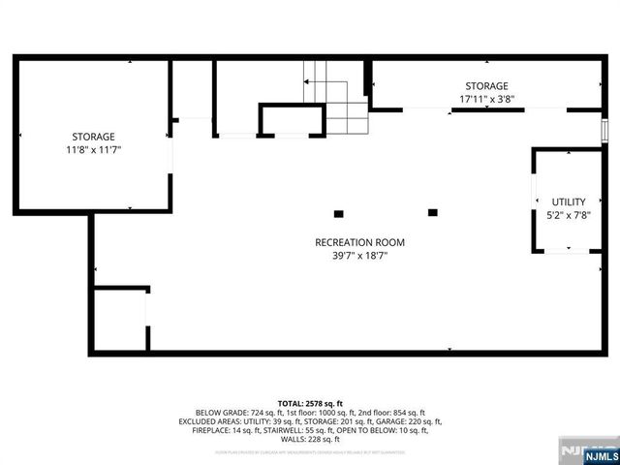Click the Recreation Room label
[x=359, y=242]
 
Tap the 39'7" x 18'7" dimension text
[x=359, y=256]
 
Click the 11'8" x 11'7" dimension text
[x=94, y=150]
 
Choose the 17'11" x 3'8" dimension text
[x=486, y=99]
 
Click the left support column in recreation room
[x=338, y=213]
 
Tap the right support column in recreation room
[x=432, y=212]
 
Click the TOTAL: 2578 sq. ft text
[x=310, y=403]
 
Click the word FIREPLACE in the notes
[x=212, y=430]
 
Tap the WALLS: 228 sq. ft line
[x=310, y=439]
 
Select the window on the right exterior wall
[x=604, y=130]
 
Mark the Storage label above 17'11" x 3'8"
[x=486, y=85]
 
